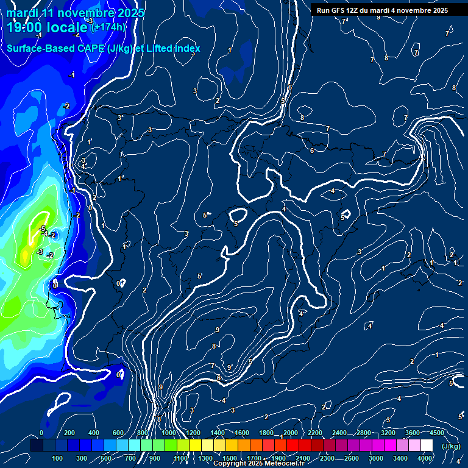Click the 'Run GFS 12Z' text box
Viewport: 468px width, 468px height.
[382, 10]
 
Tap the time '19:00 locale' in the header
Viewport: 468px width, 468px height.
[48, 27]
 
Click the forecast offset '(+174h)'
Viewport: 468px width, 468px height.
[108, 27]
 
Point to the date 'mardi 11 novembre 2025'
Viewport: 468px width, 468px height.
[76, 13]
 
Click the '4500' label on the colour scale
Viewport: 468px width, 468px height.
[437, 433]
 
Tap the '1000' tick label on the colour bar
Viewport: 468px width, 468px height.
[169, 433]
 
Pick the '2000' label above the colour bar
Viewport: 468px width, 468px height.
[291, 433]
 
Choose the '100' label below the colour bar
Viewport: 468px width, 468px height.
[57, 458]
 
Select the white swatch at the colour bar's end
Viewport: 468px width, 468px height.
[427, 446]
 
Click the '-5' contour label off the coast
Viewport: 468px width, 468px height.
[42, 229]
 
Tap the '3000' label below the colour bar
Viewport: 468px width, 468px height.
[376, 458]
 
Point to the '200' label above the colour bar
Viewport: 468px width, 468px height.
[69, 433]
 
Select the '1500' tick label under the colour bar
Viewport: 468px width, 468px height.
[230, 458]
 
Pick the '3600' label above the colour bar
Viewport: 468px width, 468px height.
[413, 433]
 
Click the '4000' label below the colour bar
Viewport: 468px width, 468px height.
[425, 458]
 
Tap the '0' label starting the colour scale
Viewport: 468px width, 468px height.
[41, 433]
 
